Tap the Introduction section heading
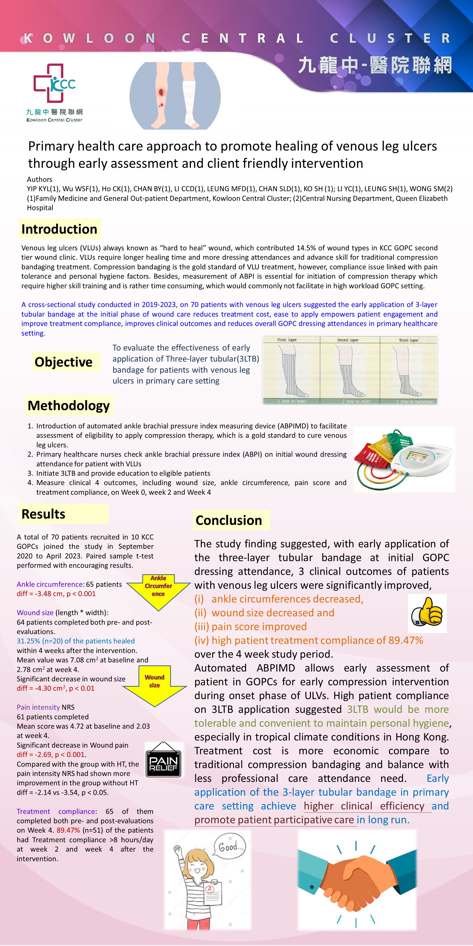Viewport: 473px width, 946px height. (59, 229)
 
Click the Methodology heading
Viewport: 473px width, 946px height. (69, 405)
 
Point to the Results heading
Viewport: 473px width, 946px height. (43, 514)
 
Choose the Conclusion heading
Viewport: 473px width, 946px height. (229, 520)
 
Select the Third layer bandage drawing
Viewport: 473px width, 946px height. (408, 371)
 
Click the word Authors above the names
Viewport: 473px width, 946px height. (40, 179)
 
